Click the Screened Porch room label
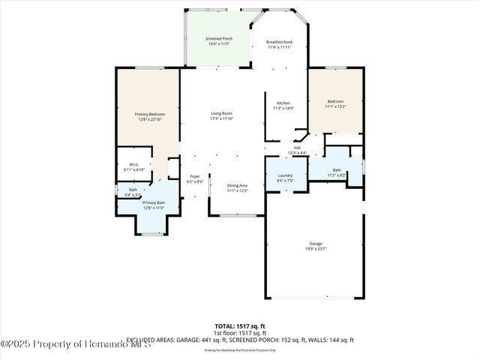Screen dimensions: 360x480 pos(218,38)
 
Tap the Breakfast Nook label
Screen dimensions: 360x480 pos(280,42)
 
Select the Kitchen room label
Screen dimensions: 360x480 pos(283,103)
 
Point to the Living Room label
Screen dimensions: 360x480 pos(221,113)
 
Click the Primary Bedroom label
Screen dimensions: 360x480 pos(147,113)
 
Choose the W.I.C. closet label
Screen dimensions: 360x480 pos(134,165)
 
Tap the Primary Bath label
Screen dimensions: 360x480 pos(154,202)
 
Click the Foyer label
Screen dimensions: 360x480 pos(195,176)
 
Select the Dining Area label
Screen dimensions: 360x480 pos(237,185)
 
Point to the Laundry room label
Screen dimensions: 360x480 pos(284,175)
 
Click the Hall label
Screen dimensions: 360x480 pos(297,148)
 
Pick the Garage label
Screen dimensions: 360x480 pos(315,244)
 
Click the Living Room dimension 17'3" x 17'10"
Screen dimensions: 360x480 pos(221,118)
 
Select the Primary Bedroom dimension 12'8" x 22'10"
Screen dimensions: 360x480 pos(147,118)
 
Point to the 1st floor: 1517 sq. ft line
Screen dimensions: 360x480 pos(240,332)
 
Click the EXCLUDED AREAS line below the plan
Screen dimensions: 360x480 pos(240,340)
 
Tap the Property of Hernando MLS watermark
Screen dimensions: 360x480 pos(75,344)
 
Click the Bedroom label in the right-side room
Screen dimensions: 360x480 pos(335,101)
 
